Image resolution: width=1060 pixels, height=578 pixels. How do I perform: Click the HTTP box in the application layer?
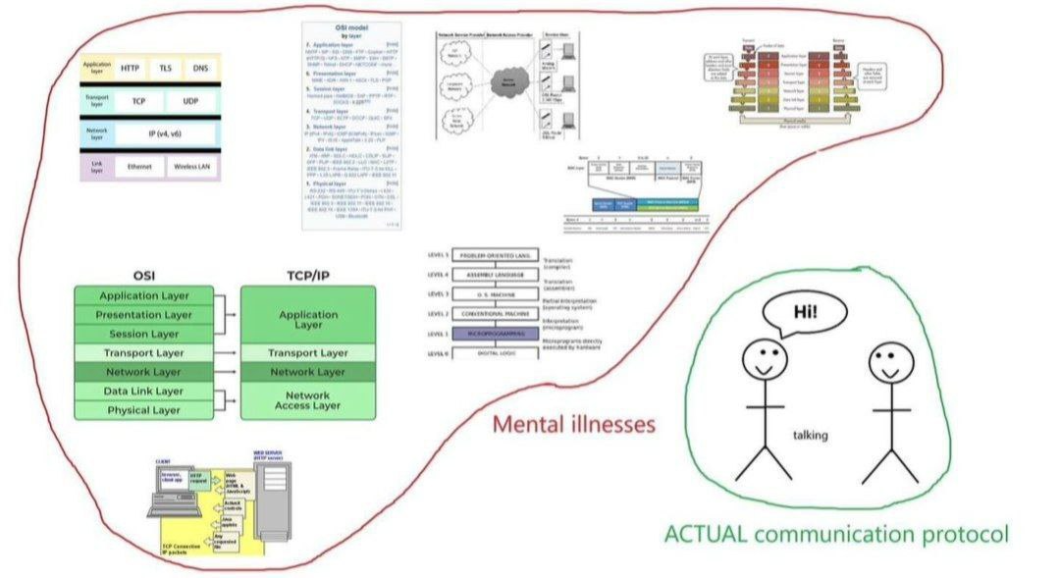130,69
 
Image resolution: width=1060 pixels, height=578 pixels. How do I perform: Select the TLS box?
166,69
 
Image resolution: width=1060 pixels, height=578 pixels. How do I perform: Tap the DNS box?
200,69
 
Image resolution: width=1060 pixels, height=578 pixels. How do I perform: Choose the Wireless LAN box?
193,168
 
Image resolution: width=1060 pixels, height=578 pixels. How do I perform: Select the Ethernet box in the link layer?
139,168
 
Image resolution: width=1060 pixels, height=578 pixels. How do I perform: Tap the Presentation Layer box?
144,315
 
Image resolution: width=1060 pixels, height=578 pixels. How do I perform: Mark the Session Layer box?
144,334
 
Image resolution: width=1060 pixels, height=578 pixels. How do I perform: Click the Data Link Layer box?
144,392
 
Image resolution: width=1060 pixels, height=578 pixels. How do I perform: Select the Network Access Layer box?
308,399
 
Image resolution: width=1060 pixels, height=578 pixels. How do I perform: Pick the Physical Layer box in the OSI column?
144,410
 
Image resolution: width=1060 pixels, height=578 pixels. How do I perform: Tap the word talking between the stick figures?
811,435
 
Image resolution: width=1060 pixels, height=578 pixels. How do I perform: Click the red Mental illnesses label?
574,425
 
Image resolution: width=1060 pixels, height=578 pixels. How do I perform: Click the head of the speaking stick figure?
763,359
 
